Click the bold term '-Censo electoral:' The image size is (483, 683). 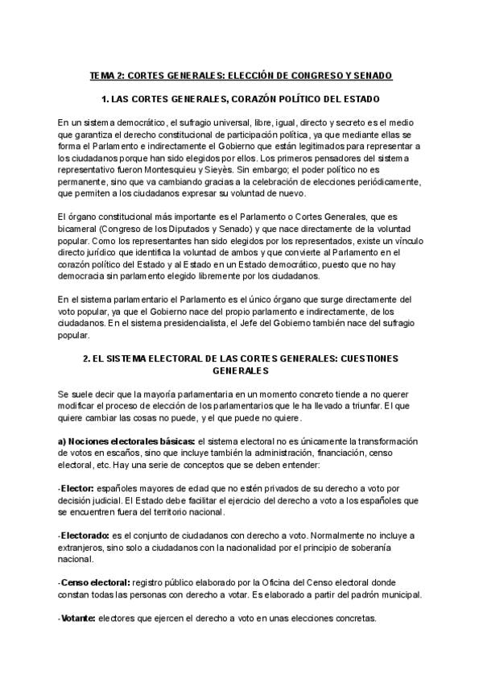tap(94, 582)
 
